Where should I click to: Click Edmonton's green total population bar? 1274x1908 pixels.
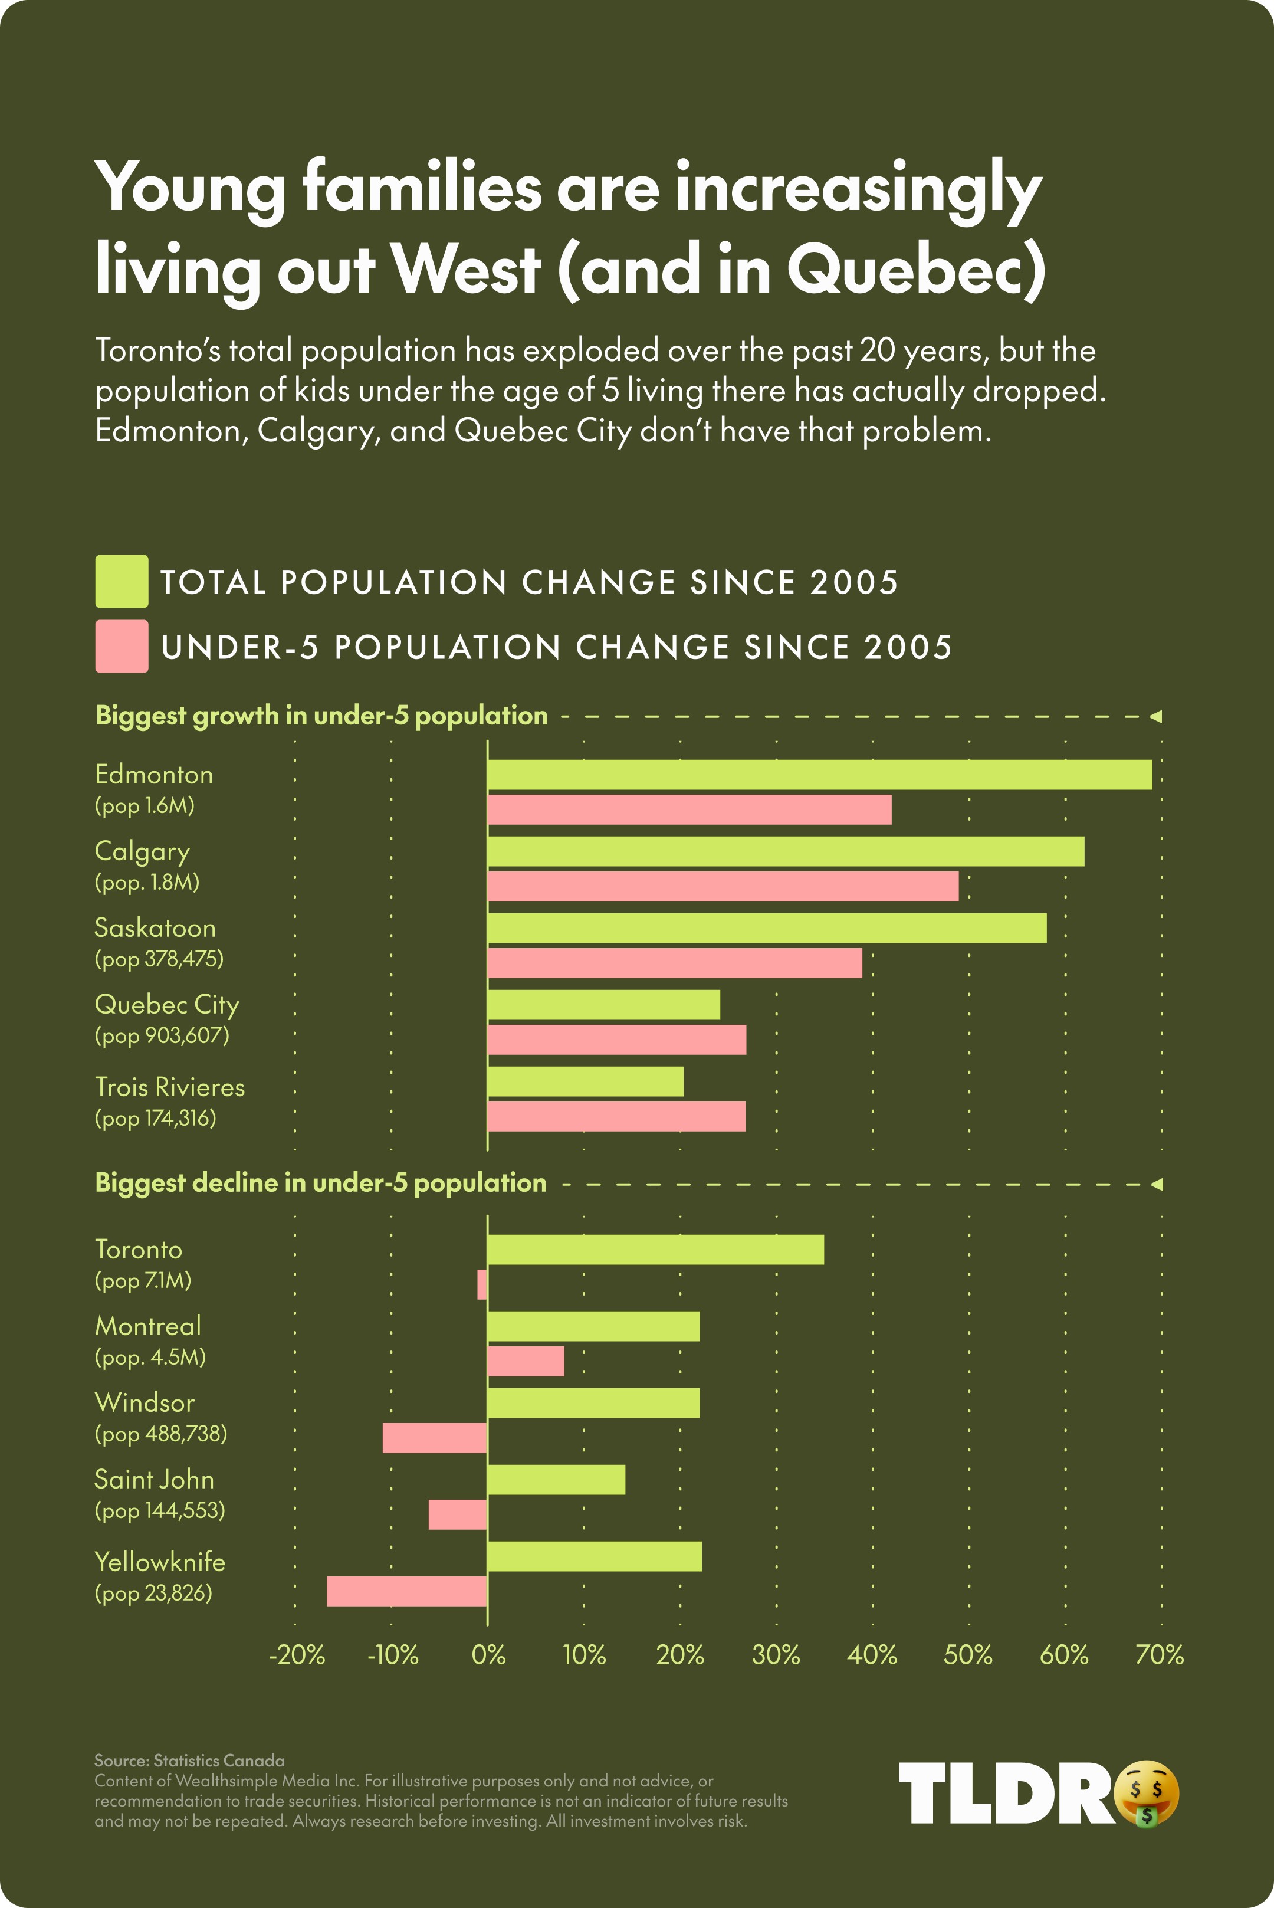coord(819,775)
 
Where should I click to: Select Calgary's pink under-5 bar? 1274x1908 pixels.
coord(723,887)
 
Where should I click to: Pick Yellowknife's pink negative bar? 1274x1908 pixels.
coord(406,1591)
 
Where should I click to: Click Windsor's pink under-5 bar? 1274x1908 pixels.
coord(435,1438)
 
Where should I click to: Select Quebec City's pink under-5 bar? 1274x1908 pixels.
coord(617,1040)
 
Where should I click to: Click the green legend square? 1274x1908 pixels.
coord(121,581)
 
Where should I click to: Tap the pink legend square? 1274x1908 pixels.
coord(121,646)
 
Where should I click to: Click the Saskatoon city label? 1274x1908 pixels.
coord(155,928)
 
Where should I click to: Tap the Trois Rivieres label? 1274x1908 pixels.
coord(169,1087)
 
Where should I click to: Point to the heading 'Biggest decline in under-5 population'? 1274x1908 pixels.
coord(321,1182)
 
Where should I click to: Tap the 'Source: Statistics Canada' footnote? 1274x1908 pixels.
coord(189,1760)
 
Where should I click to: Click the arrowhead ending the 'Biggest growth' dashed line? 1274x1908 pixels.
coord(1156,716)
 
